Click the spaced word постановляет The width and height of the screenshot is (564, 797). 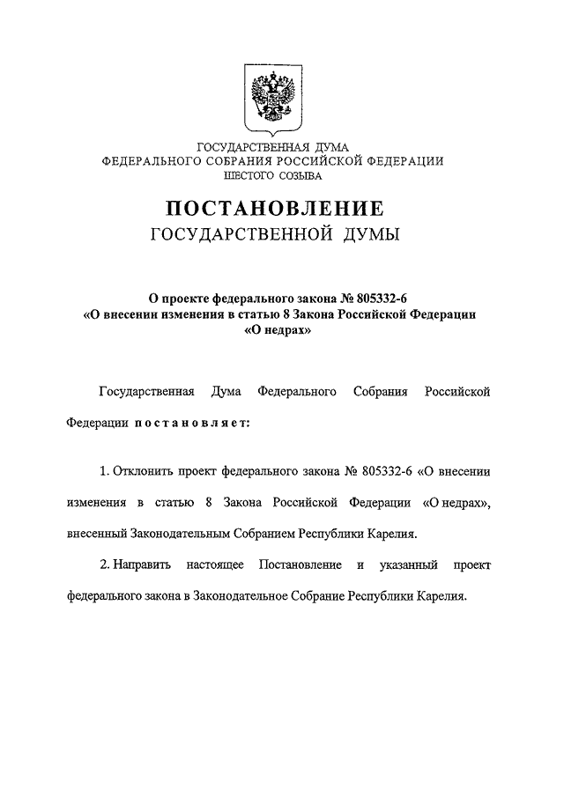click(193, 422)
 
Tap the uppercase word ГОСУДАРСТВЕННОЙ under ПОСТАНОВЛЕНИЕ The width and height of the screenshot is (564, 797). click(234, 234)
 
